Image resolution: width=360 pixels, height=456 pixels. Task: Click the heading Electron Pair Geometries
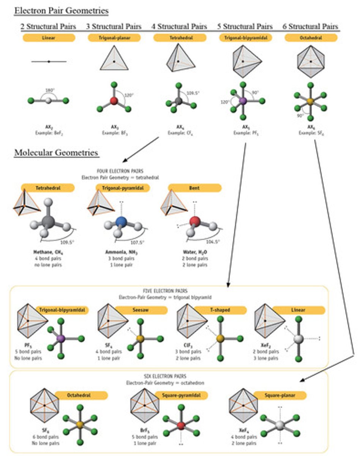point(62,11)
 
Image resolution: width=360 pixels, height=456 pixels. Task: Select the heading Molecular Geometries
point(57,153)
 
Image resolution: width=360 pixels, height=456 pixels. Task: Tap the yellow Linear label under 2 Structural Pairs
point(49,38)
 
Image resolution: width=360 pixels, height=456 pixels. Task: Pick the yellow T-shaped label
point(220,310)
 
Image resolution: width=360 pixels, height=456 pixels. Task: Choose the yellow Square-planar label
point(280,396)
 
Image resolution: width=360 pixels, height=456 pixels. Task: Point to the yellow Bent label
point(194,188)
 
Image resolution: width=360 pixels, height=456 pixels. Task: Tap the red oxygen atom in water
point(194,221)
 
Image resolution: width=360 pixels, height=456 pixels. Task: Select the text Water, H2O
point(194,252)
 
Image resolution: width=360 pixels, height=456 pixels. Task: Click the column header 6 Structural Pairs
point(310,26)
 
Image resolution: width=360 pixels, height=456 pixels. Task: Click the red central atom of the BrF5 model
point(181,425)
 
